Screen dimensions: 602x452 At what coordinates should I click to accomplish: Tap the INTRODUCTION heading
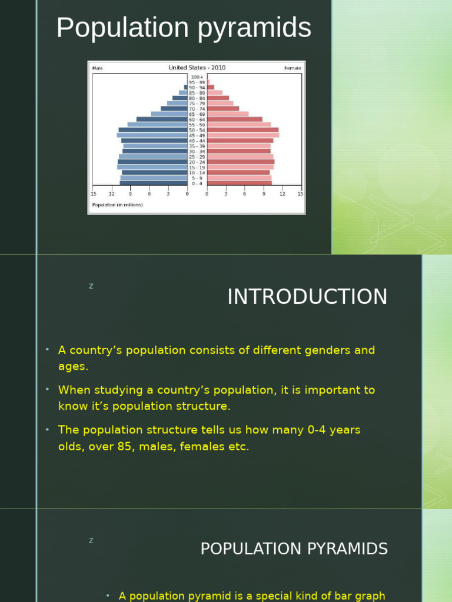point(307,297)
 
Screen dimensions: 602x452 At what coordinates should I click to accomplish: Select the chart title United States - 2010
point(197,68)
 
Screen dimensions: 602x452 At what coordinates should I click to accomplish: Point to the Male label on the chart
point(97,68)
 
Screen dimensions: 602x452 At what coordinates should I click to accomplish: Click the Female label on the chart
point(293,68)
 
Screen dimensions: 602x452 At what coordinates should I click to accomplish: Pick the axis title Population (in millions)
point(117,205)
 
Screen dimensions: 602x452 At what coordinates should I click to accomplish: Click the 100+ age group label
point(197,77)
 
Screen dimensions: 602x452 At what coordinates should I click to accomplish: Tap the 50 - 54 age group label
point(197,130)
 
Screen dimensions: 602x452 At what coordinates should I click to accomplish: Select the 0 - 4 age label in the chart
point(197,183)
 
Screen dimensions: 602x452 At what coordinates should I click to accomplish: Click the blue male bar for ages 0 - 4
point(153,183)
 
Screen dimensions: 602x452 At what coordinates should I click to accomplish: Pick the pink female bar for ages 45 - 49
point(242,135)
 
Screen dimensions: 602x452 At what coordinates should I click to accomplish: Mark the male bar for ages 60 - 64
point(162,119)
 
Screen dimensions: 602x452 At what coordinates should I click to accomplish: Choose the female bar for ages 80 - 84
point(218,98)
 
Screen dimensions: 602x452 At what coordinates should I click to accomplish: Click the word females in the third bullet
point(218,447)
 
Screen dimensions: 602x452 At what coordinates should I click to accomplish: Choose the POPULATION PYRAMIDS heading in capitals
point(294,549)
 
